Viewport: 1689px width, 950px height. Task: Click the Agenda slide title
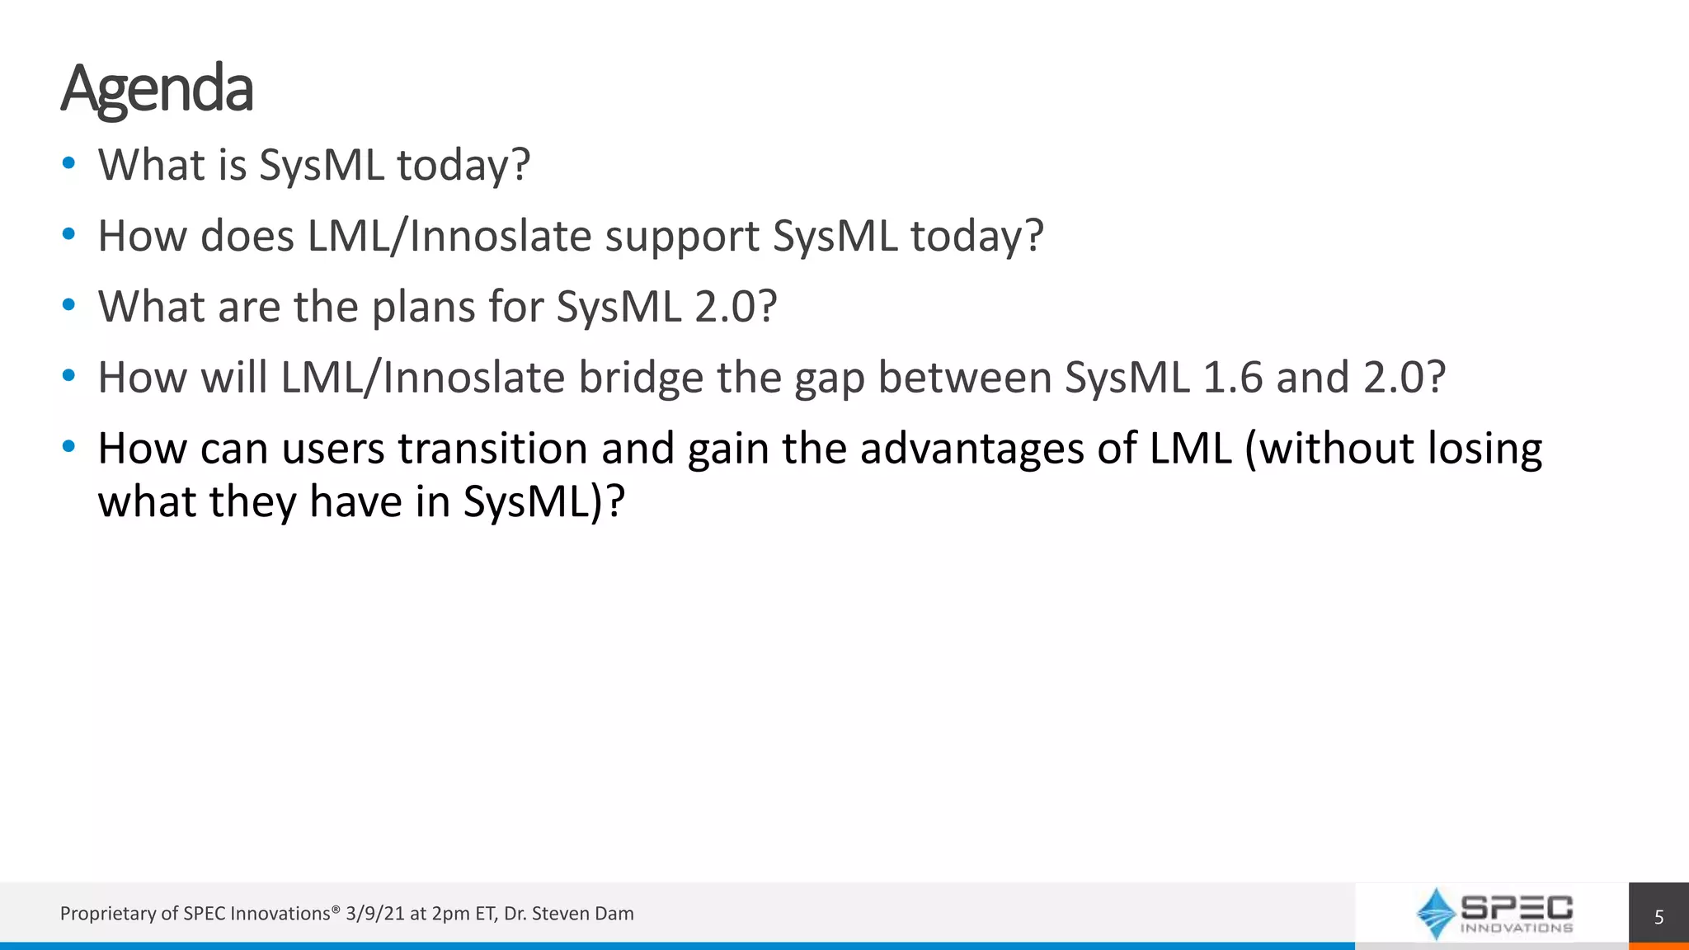[x=157, y=88]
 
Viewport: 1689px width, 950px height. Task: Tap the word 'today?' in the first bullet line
[x=463, y=165]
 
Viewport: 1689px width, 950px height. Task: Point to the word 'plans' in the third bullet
[x=423, y=308]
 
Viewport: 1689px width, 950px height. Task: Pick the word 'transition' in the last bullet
[x=493, y=449]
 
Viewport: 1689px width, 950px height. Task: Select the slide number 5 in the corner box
[x=1658, y=917]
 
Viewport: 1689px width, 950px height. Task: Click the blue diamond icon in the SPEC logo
[x=1436, y=913]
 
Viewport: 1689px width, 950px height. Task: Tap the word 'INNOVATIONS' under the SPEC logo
[x=1516, y=928]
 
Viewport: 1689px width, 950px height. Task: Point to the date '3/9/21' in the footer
[x=375, y=914]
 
